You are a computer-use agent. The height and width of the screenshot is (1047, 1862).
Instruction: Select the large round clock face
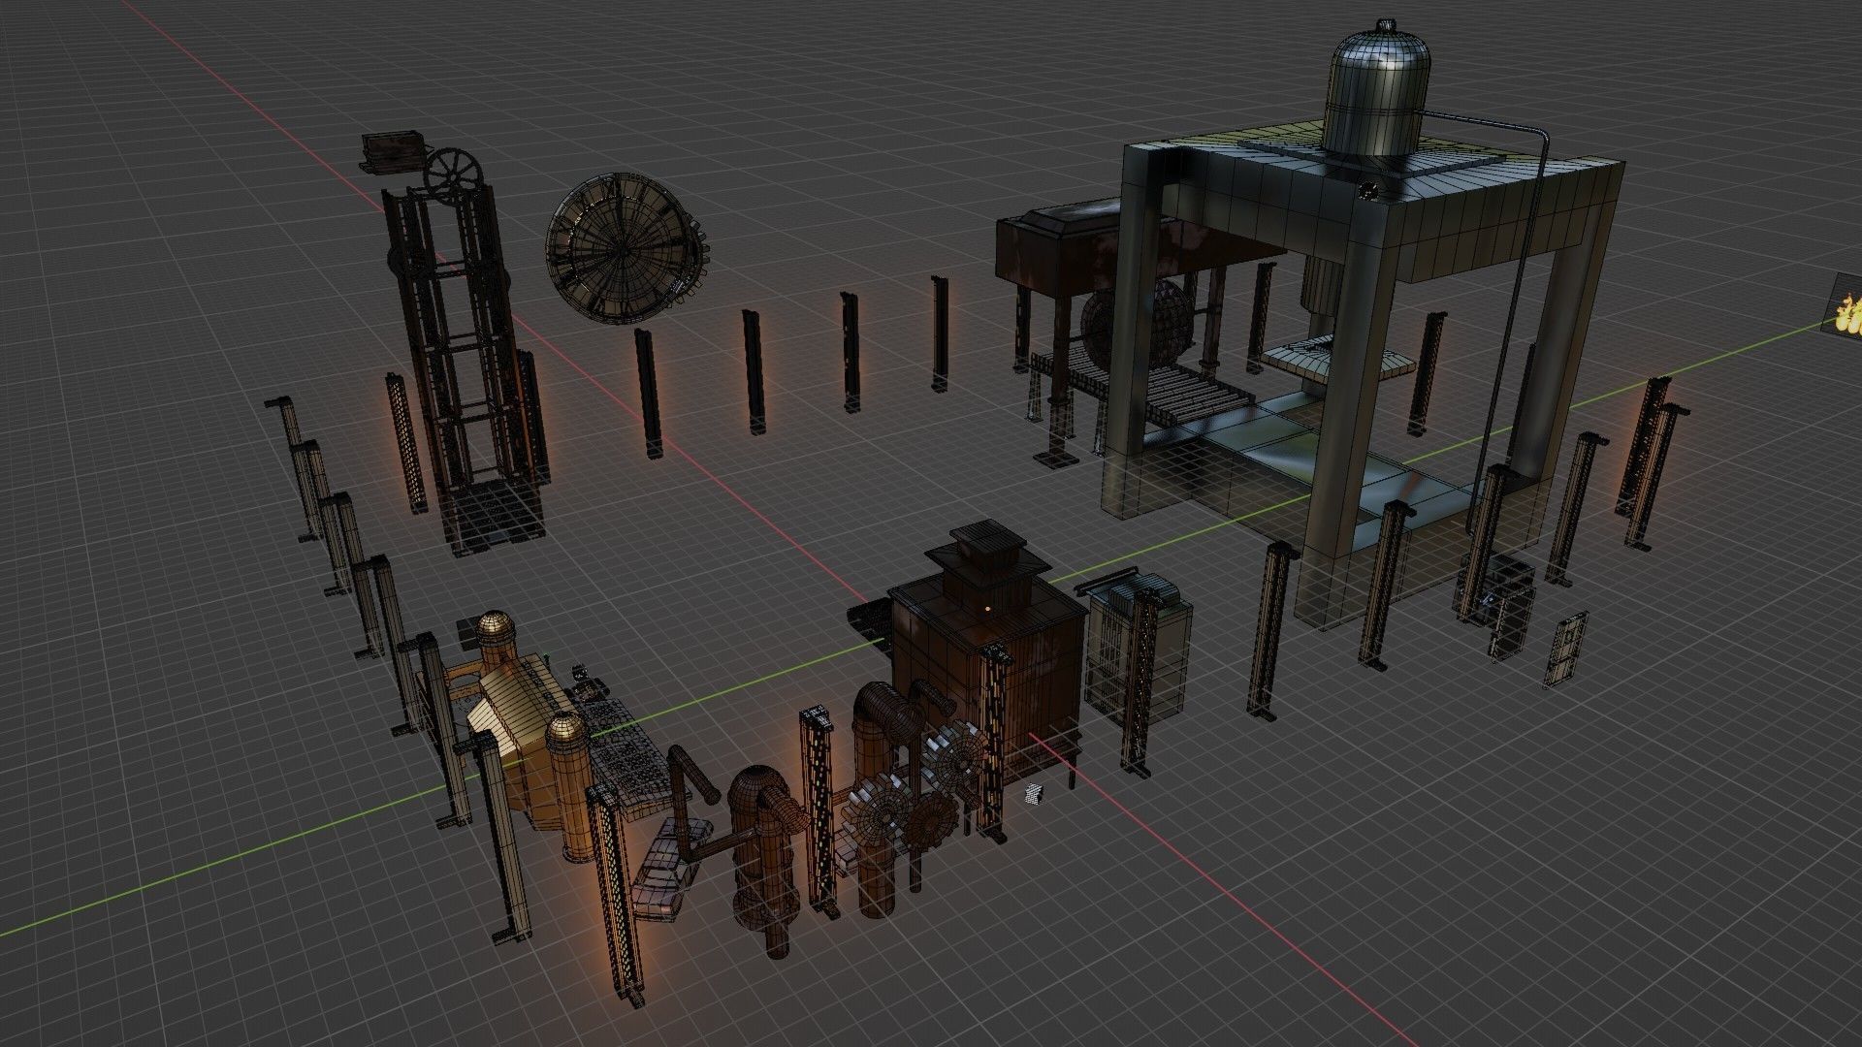(621, 248)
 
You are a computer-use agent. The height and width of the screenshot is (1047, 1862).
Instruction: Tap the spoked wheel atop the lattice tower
(455, 175)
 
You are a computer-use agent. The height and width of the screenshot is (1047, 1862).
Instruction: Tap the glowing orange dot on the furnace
(986, 609)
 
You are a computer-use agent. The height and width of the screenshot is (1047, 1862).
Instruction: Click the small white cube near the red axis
(1035, 794)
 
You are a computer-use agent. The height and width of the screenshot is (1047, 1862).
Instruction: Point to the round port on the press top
(1370, 190)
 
